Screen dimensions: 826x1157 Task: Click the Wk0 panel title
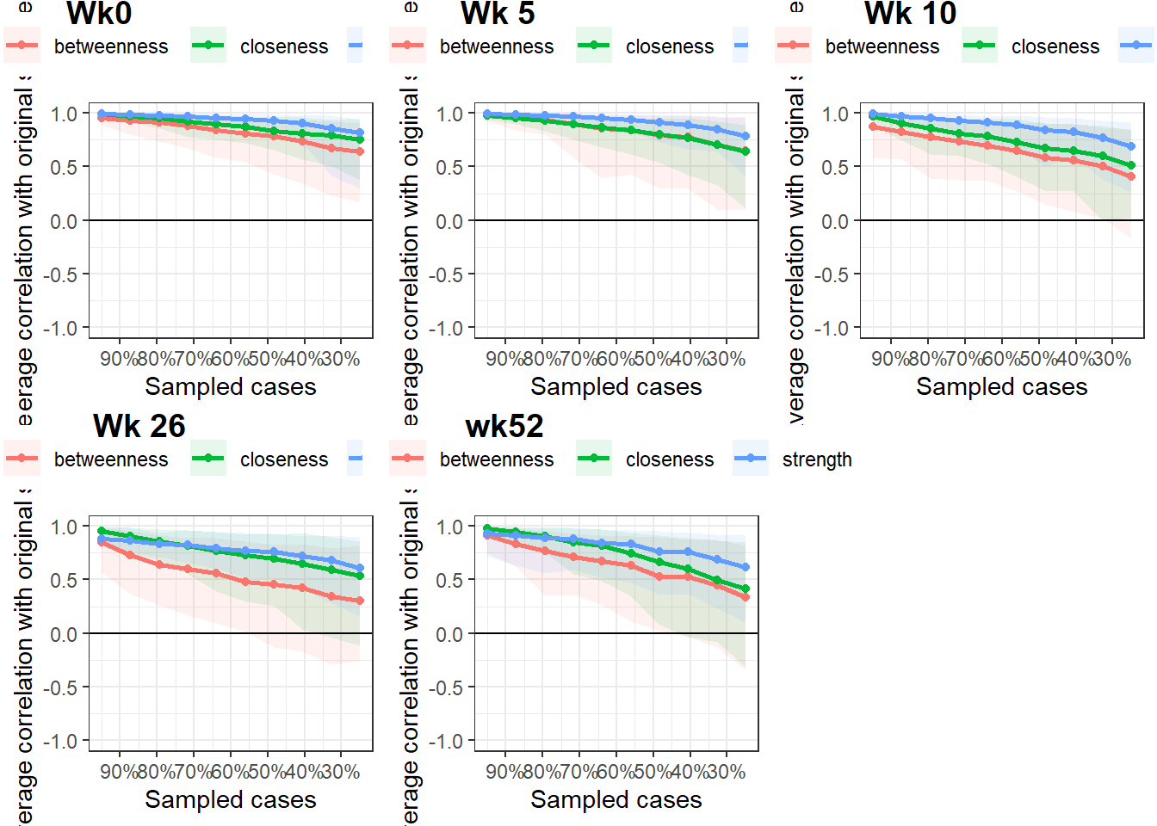pyautogui.click(x=99, y=14)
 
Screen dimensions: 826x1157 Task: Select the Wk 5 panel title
pyautogui.click(x=498, y=14)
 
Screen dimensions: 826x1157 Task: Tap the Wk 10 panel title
pyautogui.click(x=910, y=14)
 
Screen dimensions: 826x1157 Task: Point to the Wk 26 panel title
pyautogui.click(x=139, y=426)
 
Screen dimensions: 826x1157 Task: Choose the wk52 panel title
pyautogui.click(x=504, y=426)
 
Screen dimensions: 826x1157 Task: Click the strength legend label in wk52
pyautogui.click(x=816, y=459)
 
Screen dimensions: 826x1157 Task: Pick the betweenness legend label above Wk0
pyautogui.click(x=111, y=46)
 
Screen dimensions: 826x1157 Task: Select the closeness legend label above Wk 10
pyautogui.click(x=1055, y=46)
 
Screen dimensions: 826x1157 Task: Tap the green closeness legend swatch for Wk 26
pyautogui.click(x=207, y=459)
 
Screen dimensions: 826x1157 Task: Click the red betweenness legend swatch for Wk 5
pyautogui.click(x=407, y=46)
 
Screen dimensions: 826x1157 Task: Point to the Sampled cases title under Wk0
pyautogui.click(x=230, y=387)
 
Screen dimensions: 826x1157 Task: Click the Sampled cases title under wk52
pyautogui.click(x=616, y=800)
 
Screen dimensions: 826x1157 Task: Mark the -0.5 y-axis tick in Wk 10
pyautogui.click(x=834, y=274)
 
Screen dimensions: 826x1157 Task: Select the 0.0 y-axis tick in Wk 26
pyautogui.click(x=64, y=635)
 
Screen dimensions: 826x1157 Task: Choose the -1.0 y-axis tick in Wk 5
pyautogui.click(x=449, y=329)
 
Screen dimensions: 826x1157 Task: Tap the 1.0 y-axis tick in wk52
pyautogui.click(x=449, y=527)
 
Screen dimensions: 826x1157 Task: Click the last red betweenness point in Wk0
pyautogui.click(x=360, y=151)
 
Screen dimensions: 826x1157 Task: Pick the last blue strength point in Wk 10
pyautogui.click(x=1131, y=146)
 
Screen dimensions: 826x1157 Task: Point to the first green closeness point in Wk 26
pyautogui.click(x=102, y=532)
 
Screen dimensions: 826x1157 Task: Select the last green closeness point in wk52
pyautogui.click(x=746, y=589)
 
